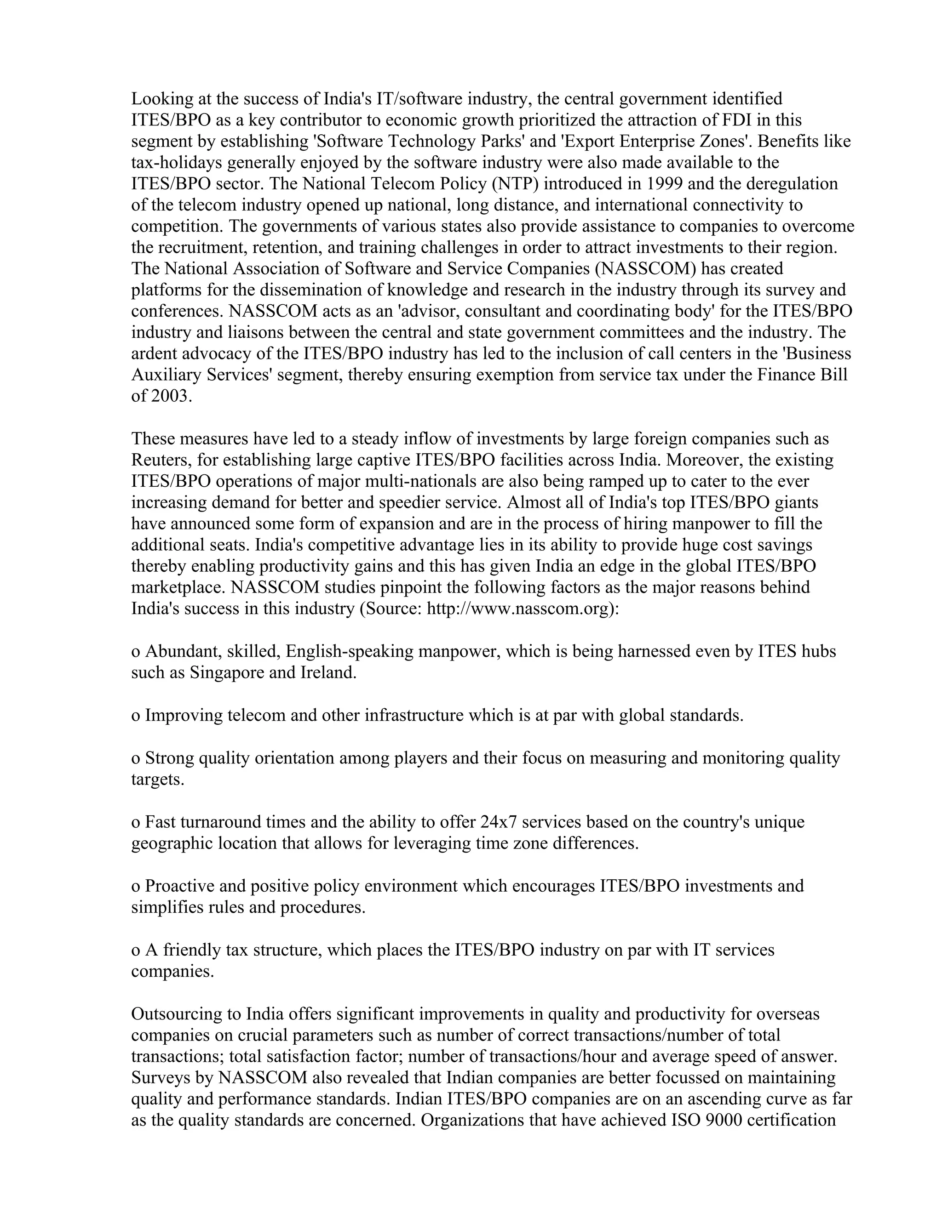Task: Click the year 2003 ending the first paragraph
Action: point(170,397)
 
